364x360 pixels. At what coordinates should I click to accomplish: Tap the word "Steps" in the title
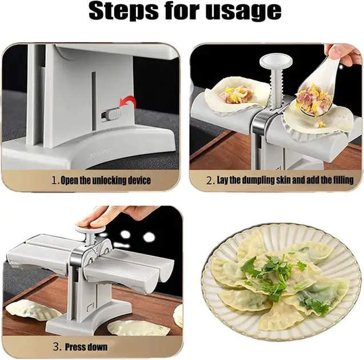point(123,10)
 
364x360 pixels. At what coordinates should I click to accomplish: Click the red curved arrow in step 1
point(127,102)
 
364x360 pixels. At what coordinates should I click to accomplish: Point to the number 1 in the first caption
point(54,181)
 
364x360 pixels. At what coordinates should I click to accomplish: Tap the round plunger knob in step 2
point(276,61)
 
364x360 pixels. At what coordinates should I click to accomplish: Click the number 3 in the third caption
point(56,347)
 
